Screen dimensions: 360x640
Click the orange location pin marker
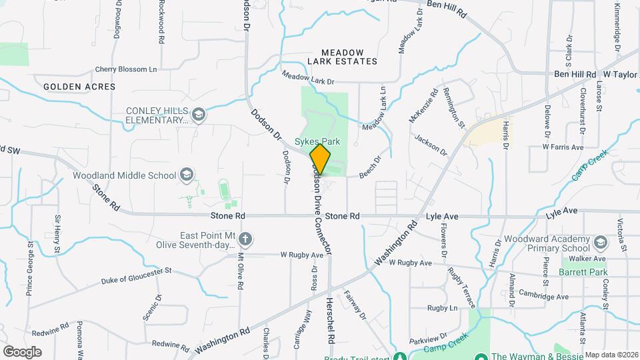(x=320, y=159)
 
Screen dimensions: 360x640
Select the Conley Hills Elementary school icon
(x=198, y=116)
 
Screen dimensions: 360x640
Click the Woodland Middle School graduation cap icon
(x=187, y=176)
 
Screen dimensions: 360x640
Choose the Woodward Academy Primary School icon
(x=600, y=242)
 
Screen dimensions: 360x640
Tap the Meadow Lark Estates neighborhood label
(x=342, y=57)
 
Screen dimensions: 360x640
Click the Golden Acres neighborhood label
(x=79, y=87)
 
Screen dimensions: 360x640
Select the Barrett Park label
(x=577, y=272)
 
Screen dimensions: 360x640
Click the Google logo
(x=22, y=351)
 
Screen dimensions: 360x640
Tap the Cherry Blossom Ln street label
(x=126, y=69)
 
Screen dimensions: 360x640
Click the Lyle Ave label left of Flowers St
(x=441, y=217)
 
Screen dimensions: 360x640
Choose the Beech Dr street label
(x=369, y=166)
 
